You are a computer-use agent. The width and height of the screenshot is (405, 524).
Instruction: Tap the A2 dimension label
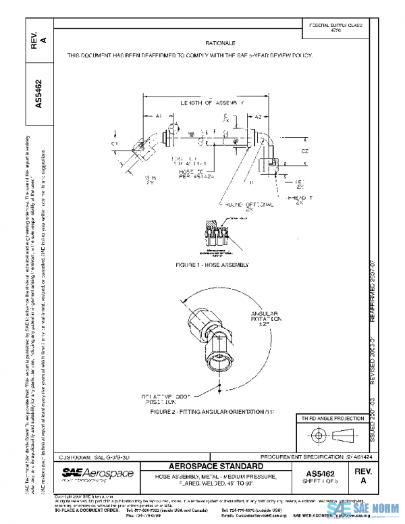pos(259,116)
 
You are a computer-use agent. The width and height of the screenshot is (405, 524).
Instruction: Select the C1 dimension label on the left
pos(114,144)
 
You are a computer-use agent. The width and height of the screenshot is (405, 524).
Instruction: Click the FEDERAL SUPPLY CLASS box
pos(335,28)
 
